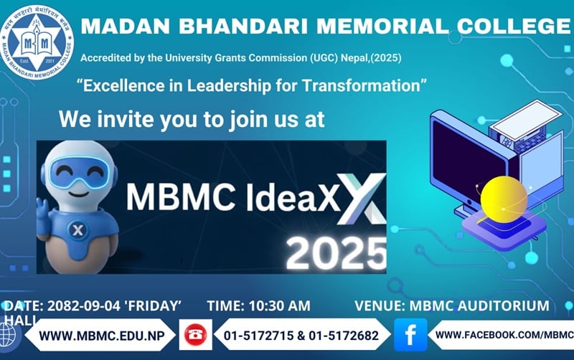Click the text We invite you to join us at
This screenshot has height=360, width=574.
pyautogui.click(x=192, y=118)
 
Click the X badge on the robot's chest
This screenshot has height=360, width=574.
pyautogui.click(x=77, y=230)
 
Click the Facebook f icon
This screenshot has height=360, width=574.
pyautogui.click(x=410, y=335)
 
